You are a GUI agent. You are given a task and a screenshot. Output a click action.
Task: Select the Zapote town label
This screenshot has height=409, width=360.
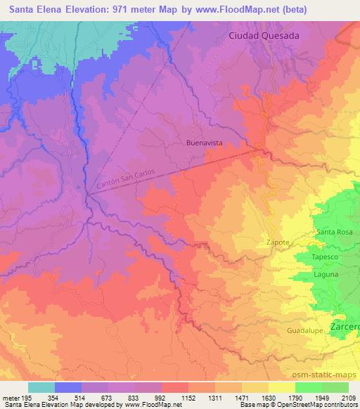(x=277, y=242)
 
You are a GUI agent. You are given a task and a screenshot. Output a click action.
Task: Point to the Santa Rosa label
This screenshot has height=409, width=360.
(x=335, y=233)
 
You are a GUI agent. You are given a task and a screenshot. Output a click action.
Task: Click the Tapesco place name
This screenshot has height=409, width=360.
(x=331, y=257)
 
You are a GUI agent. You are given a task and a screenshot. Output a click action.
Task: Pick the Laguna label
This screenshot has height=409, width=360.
(x=328, y=276)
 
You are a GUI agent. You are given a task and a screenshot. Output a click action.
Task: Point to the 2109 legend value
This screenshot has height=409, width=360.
(x=348, y=398)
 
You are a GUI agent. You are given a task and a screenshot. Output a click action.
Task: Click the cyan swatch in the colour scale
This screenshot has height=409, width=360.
(x=41, y=387)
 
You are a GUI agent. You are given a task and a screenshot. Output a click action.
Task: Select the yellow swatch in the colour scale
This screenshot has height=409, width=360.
(x=281, y=387)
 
